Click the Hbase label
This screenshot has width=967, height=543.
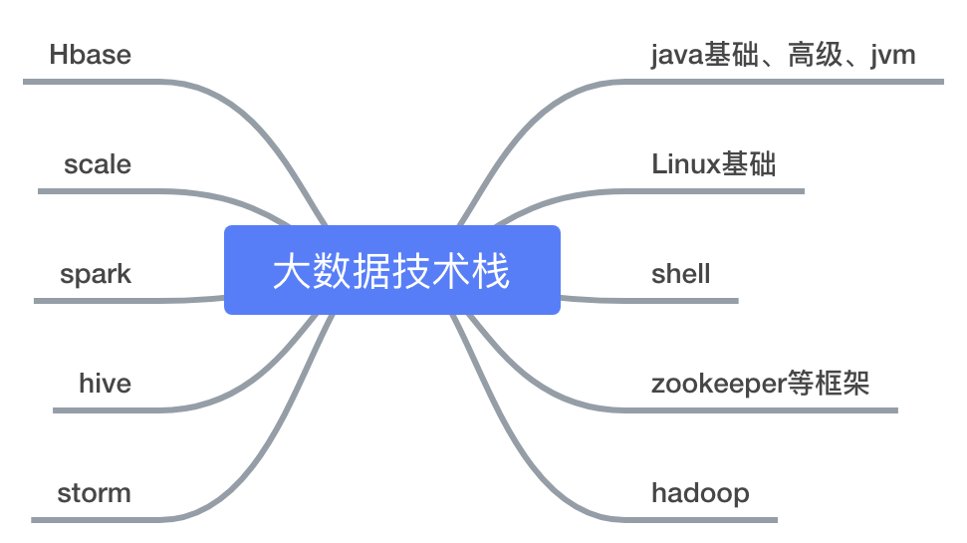(90, 55)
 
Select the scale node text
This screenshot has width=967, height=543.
(97, 164)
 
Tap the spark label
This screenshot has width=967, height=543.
(96, 274)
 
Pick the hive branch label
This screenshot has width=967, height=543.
(105, 384)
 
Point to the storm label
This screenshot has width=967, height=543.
(94, 493)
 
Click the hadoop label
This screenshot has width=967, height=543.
(700, 493)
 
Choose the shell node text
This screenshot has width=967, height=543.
(680, 274)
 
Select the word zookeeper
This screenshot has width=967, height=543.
(718, 384)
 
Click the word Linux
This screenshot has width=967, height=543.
(685, 164)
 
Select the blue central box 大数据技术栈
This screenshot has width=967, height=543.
(391, 270)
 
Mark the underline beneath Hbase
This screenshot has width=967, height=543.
(100, 81)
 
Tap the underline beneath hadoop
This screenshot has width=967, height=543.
(707, 519)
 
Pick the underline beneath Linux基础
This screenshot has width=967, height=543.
(717, 190)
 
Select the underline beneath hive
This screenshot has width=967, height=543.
(110, 409)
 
